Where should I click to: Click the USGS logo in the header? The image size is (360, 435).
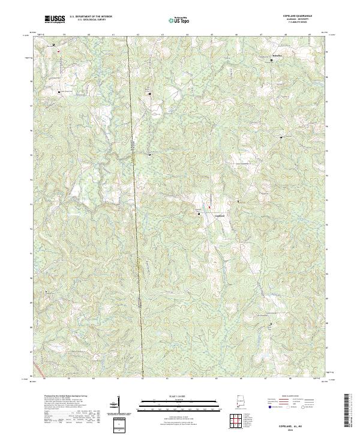coord(55,20)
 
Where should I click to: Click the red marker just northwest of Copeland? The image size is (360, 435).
coord(209,208)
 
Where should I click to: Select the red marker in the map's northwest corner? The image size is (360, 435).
coord(59,51)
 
